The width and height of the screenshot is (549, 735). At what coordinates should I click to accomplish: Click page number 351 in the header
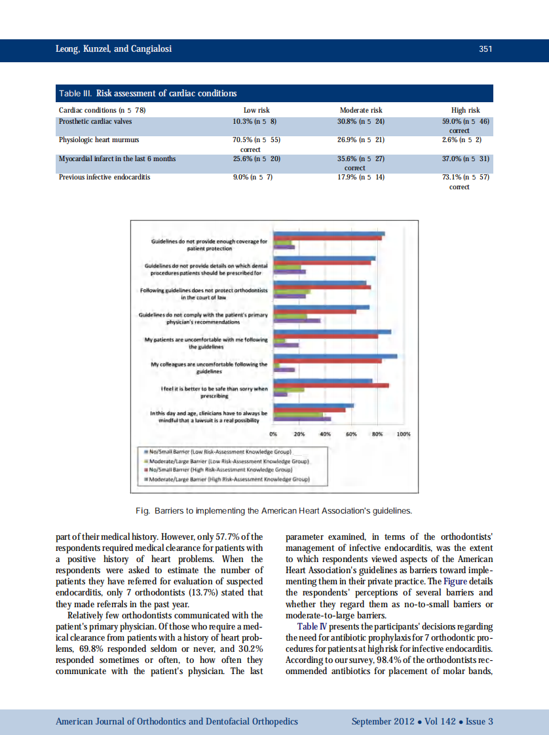click(x=485, y=49)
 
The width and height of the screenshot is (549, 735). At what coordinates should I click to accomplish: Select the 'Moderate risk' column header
click(x=361, y=110)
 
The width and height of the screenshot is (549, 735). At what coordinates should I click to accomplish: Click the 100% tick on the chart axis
click(x=403, y=434)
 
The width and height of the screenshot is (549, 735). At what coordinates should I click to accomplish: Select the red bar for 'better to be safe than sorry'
click(x=331, y=385)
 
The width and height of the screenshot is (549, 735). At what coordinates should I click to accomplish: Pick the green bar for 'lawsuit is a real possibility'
click(x=298, y=415)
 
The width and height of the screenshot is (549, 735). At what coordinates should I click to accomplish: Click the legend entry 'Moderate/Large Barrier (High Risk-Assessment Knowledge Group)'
click(x=227, y=479)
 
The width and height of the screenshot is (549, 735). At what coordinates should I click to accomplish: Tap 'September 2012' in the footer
click(x=382, y=721)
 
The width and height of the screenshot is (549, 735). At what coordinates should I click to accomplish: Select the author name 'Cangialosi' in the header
click(x=152, y=49)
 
